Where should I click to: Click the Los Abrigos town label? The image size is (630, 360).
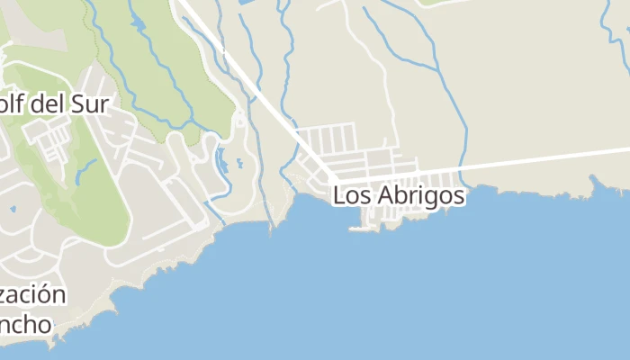tap(399, 195)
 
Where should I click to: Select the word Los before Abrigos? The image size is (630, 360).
tap(349, 195)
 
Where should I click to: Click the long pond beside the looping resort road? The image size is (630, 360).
tap(221, 162)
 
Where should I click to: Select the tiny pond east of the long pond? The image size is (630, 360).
tap(239, 165)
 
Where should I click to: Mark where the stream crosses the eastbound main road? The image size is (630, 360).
tap(462, 166)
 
